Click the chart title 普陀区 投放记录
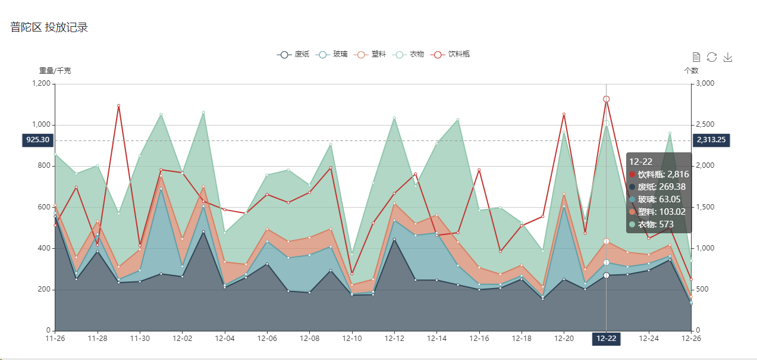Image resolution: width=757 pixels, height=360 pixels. pos(49,27)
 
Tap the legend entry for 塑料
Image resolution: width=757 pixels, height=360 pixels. pos(370,54)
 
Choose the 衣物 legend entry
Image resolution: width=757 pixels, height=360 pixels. pos(409,54)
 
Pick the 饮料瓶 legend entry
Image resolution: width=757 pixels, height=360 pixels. pos(451,54)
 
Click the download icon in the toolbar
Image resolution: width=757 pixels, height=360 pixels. pos(727,57)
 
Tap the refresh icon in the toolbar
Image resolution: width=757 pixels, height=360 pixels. pos(712,57)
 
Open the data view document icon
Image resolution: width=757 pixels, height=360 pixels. pos(696,57)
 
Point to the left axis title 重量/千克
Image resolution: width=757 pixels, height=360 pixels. pos(55,71)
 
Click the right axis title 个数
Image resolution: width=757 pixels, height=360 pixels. pos(691,71)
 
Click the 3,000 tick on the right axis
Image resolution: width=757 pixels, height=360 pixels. pos(705,83)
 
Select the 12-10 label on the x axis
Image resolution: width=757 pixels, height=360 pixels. pos(351,339)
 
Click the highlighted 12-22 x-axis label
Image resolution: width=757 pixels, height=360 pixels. pos(606,339)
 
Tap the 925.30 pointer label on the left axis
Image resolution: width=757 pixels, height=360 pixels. pos(37,140)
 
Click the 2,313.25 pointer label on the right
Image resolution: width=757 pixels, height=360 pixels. pos(711,140)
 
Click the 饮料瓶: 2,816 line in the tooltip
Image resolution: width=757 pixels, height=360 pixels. pos(658,174)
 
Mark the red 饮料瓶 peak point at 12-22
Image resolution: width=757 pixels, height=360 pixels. pos(606,99)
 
